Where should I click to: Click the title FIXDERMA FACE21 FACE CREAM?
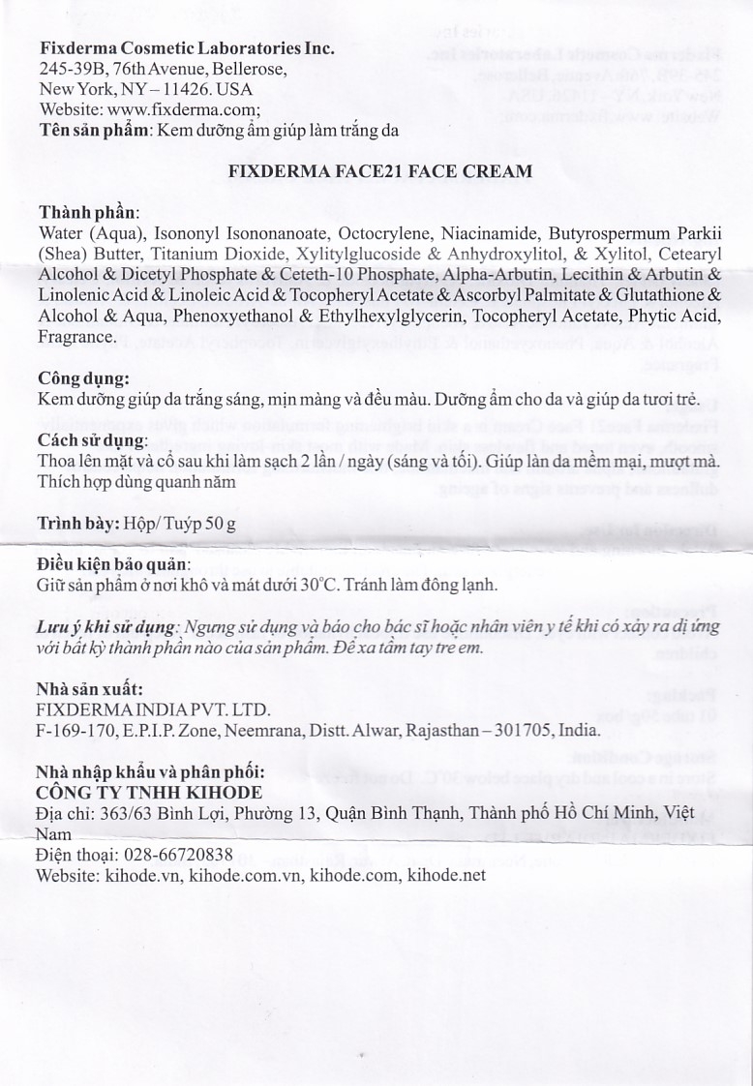[379, 171]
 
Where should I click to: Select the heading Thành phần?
[88, 212]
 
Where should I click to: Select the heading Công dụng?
[82, 378]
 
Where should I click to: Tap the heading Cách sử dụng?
[92, 440]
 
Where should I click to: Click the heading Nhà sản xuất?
[89, 690]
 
